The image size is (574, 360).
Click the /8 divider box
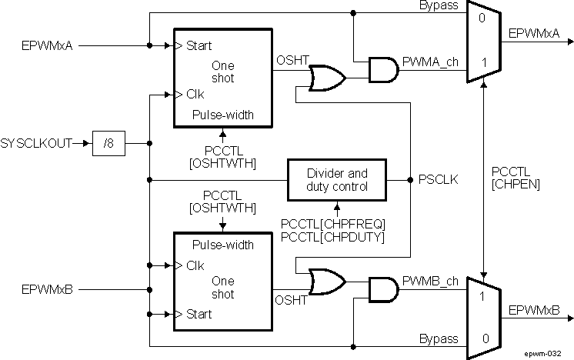(108, 143)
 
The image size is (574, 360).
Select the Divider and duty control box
(337, 180)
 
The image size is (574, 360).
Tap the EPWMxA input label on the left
(48, 45)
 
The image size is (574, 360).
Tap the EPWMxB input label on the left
(48, 290)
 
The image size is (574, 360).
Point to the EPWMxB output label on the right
(530, 310)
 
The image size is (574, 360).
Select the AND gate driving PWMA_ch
(382, 70)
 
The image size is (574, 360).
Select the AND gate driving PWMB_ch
(382, 289)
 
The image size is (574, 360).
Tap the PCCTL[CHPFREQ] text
(332, 223)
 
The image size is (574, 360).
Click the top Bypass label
(439, 6)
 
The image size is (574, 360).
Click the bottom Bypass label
(439, 338)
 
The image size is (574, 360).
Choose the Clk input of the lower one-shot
(194, 265)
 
